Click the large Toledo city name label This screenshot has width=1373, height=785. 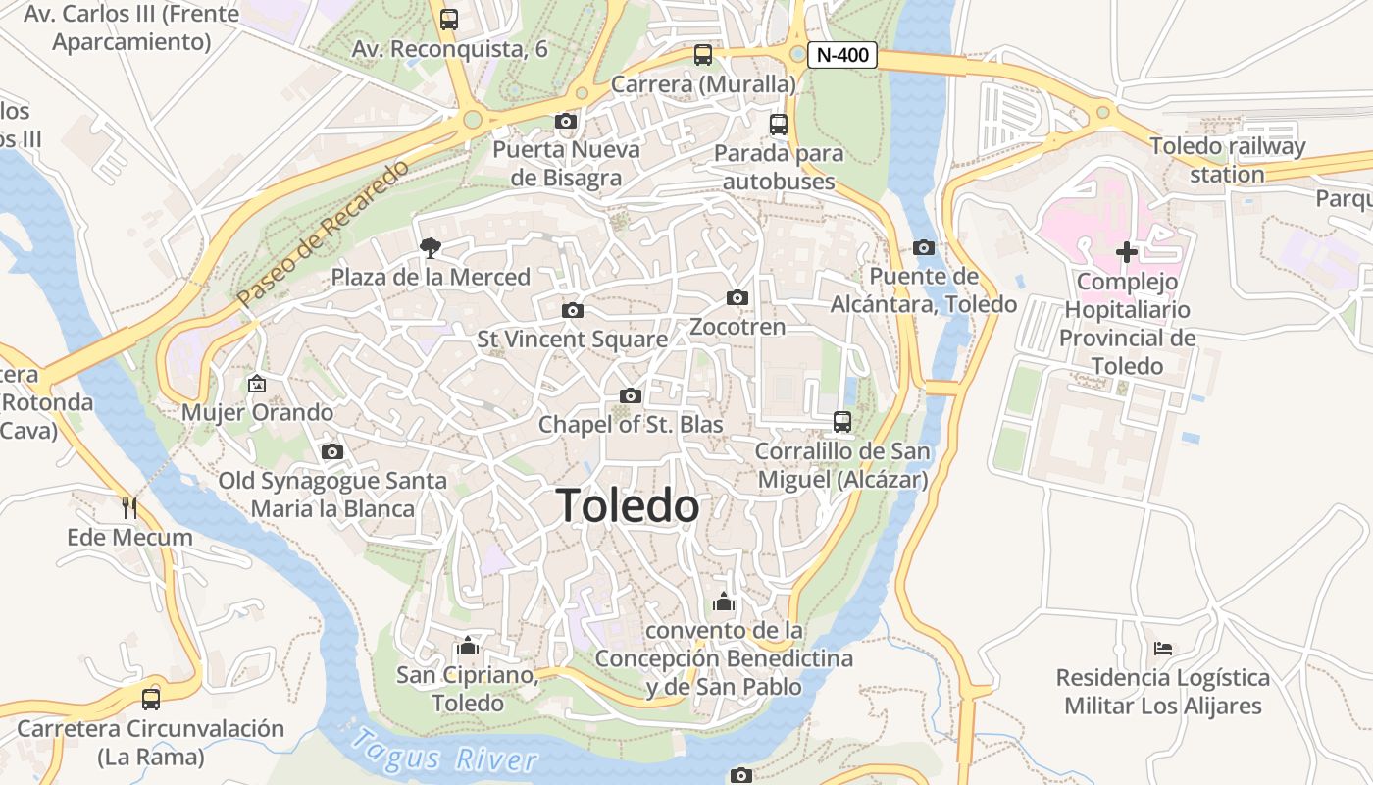click(628, 506)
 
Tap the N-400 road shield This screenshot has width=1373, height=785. click(841, 55)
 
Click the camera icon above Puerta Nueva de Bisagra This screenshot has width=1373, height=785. click(566, 122)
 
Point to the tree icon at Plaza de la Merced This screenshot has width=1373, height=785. click(429, 248)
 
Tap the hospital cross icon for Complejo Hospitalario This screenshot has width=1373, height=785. click(1127, 252)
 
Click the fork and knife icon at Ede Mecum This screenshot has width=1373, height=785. click(129, 507)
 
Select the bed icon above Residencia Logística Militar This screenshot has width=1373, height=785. click(1163, 649)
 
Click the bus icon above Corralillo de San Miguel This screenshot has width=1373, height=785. click(841, 422)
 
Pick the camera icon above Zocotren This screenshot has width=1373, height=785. click(737, 297)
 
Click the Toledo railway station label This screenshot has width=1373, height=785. click(1227, 160)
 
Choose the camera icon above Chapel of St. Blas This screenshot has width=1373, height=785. click(631, 395)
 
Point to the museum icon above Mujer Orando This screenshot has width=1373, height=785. click(257, 384)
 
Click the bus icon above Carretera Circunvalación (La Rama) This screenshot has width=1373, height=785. click(150, 700)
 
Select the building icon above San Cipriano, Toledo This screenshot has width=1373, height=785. click(468, 647)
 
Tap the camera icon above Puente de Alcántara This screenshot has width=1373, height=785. click(923, 247)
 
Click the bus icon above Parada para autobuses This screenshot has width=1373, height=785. click(779, 125)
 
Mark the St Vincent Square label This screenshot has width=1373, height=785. click(572, 340)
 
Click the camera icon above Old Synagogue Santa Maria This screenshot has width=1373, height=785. click(332, 451)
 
